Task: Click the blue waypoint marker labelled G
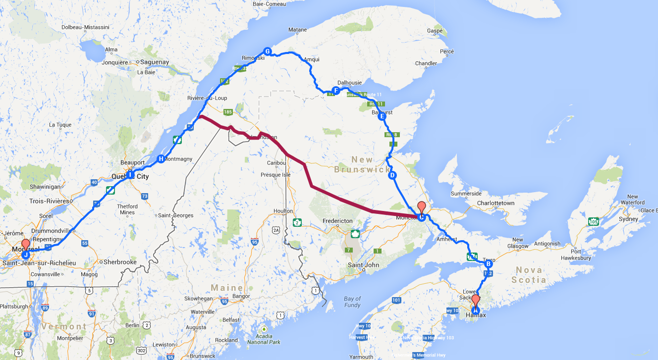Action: point(267,51)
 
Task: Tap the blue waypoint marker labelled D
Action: point(392,175)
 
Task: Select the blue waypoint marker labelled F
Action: point(336,91)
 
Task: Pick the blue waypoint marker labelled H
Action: point(161,159)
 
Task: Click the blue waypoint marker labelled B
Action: point(489,264)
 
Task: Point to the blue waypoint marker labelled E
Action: point(382,117)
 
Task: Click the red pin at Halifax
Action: point(476,301)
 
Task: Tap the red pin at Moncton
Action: point(422,207)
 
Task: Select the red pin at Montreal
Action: point(25,245)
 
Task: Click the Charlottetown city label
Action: point(495,203)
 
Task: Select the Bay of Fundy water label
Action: point(352,302)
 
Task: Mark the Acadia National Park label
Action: point(264,339)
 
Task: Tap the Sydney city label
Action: point(629,219)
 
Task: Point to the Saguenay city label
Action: point(154,62)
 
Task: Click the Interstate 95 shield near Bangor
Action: point(224,301)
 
